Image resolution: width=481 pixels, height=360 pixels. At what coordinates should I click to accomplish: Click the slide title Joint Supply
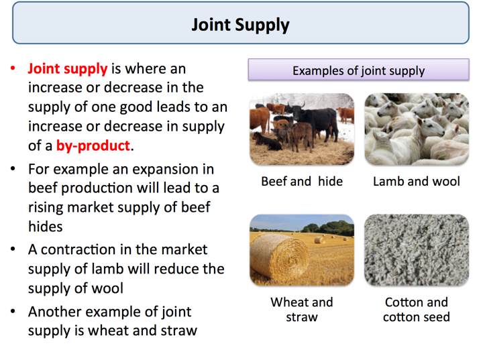point(240,25)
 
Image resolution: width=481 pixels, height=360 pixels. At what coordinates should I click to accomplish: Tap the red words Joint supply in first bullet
point(67,68)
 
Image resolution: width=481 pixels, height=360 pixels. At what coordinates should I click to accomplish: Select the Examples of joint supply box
point(358,70)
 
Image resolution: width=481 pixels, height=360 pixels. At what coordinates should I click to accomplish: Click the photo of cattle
point(301,129)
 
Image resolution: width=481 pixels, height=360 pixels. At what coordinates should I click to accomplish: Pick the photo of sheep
point(416,129)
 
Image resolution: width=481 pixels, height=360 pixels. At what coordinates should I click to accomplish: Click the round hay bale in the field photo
point(278,259)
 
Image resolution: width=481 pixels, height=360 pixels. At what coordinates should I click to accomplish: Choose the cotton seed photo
point(416,250)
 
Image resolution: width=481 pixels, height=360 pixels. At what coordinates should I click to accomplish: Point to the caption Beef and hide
point(301,182)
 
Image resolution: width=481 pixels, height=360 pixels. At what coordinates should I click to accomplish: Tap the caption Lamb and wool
point(416,182)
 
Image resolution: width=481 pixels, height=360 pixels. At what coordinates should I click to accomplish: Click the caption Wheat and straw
point(301,310)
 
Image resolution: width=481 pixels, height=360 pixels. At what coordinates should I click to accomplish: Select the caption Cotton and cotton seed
point(416,310)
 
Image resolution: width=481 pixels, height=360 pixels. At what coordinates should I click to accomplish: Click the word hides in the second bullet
point(45,227)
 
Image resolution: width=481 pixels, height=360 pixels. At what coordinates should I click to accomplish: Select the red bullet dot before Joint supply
point(13,69)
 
